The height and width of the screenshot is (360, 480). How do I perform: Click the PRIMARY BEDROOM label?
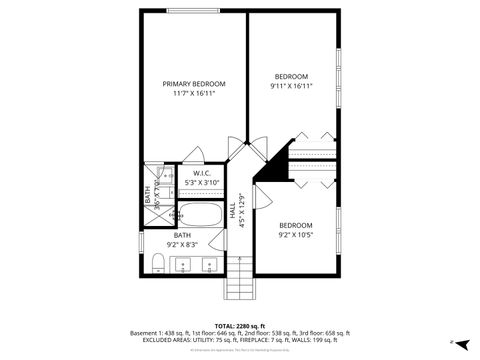pos(194,84)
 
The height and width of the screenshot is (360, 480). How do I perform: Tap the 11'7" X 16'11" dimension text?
pos(194,93)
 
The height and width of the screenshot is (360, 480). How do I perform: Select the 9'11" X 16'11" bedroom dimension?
pos(291,86)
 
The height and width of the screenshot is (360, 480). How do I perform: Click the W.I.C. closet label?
pos(201,174)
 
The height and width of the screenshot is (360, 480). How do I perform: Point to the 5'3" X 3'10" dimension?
pos(201,183)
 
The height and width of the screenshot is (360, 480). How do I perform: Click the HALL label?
pos(232,212)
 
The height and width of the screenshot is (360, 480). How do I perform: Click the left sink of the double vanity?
pos(185,265)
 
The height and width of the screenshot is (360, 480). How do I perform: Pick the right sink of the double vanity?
pos(210,265)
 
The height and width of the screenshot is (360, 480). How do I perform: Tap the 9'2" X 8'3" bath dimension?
pos(182,244)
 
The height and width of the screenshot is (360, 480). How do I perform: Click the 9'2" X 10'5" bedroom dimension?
pos(295,235)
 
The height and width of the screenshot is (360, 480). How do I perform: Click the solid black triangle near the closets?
pos(268,169)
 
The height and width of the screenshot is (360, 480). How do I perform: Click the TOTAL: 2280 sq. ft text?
pos(240,325)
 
